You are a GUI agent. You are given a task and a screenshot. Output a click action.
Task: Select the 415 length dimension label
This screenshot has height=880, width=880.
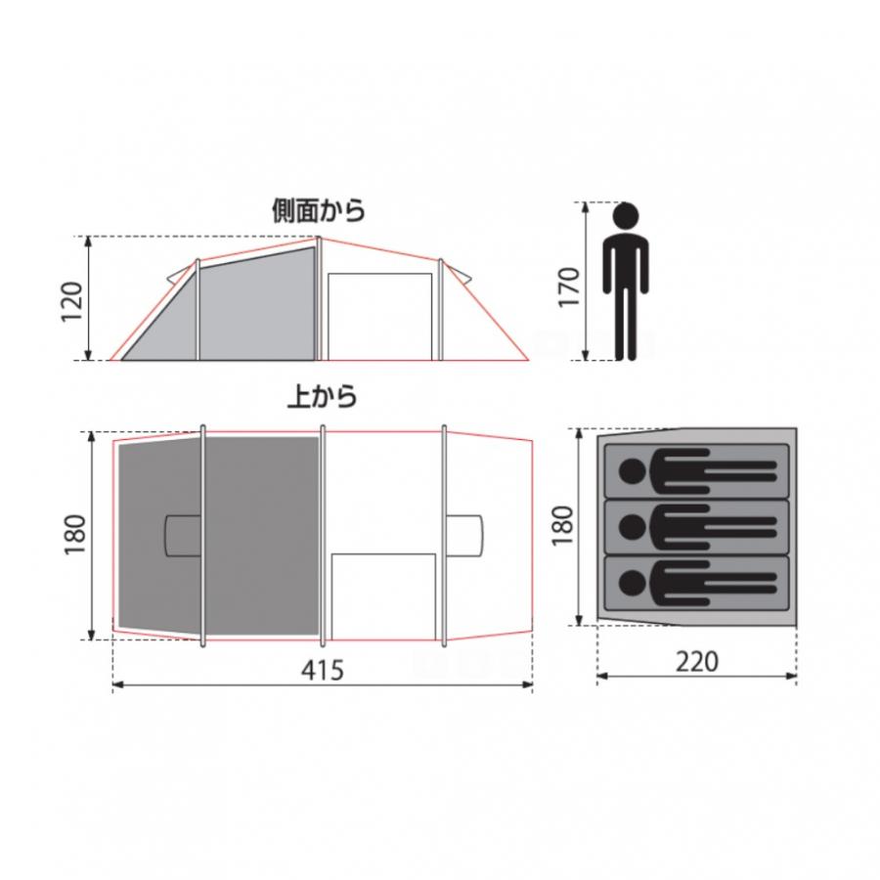tap(322, 671)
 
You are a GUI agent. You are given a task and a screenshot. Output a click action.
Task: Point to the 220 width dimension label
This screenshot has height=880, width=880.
tap(696, 662)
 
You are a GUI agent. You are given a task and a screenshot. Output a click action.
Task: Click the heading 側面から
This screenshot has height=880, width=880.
tap(318, 210)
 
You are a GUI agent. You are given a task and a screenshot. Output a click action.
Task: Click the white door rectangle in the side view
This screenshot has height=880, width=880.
tap(379, 316)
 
